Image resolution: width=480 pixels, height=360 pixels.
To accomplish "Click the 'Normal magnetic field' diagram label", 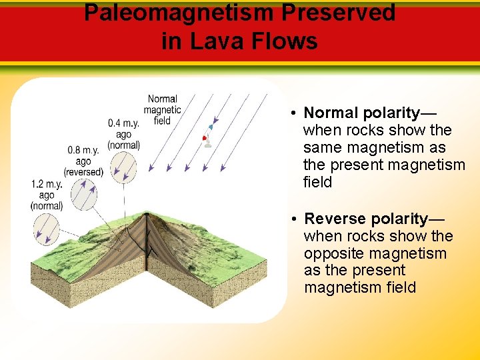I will pyautogui.click(x=162, y=110).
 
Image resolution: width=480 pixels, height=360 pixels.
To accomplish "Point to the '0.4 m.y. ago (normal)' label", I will pyautogui.click(x=124, y=134).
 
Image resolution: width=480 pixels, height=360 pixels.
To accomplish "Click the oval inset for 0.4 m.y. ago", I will pyautogui.click(x=124, y=167).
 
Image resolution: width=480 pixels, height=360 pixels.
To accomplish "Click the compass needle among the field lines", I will pyautogui.click(x=207, y=134).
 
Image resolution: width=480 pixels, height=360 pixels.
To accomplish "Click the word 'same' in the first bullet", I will pyautogui.click(x=323, y=147).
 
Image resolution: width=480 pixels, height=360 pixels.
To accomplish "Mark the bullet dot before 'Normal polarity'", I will pyautogui.click(x=294, y=113).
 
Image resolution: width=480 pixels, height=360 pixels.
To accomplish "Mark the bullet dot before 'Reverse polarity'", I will pyautogui.click(x=294, y=219).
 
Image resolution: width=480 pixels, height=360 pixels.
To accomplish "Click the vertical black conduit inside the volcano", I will pyautogui.click(x=147, y=240).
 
